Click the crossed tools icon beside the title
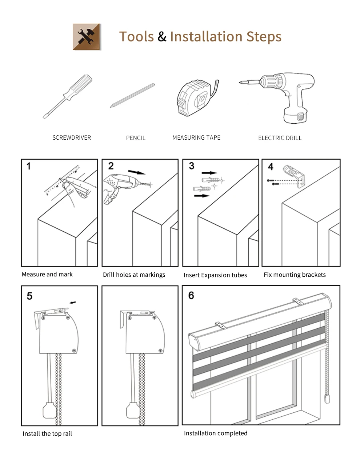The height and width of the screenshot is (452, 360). pyautogui.click(x=87, y=37)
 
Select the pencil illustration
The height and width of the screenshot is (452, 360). pyautogui.click(x=132, y=95)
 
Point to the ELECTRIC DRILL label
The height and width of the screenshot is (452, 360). pyautogui.click(x=280, y=138)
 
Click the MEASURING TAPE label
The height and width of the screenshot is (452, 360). pyautogui.click(x=196, y=137)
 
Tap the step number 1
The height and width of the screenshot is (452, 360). pyautogui.click(x=29, y=167)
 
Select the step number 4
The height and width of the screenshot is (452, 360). pyautogui.click(x=271, y=167)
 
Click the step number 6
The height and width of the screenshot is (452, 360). pyautogui.click(x=191, y=295)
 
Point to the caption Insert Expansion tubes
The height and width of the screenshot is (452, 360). pyautogui.click(x=215, y=275)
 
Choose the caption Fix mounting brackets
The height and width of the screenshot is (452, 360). pyautogui.click(x=295, y=275)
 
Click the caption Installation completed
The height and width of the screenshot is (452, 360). pyautogui.click(x=215, y=433)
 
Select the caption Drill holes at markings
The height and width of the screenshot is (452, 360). pyautogui.click(x=134, y=275)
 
